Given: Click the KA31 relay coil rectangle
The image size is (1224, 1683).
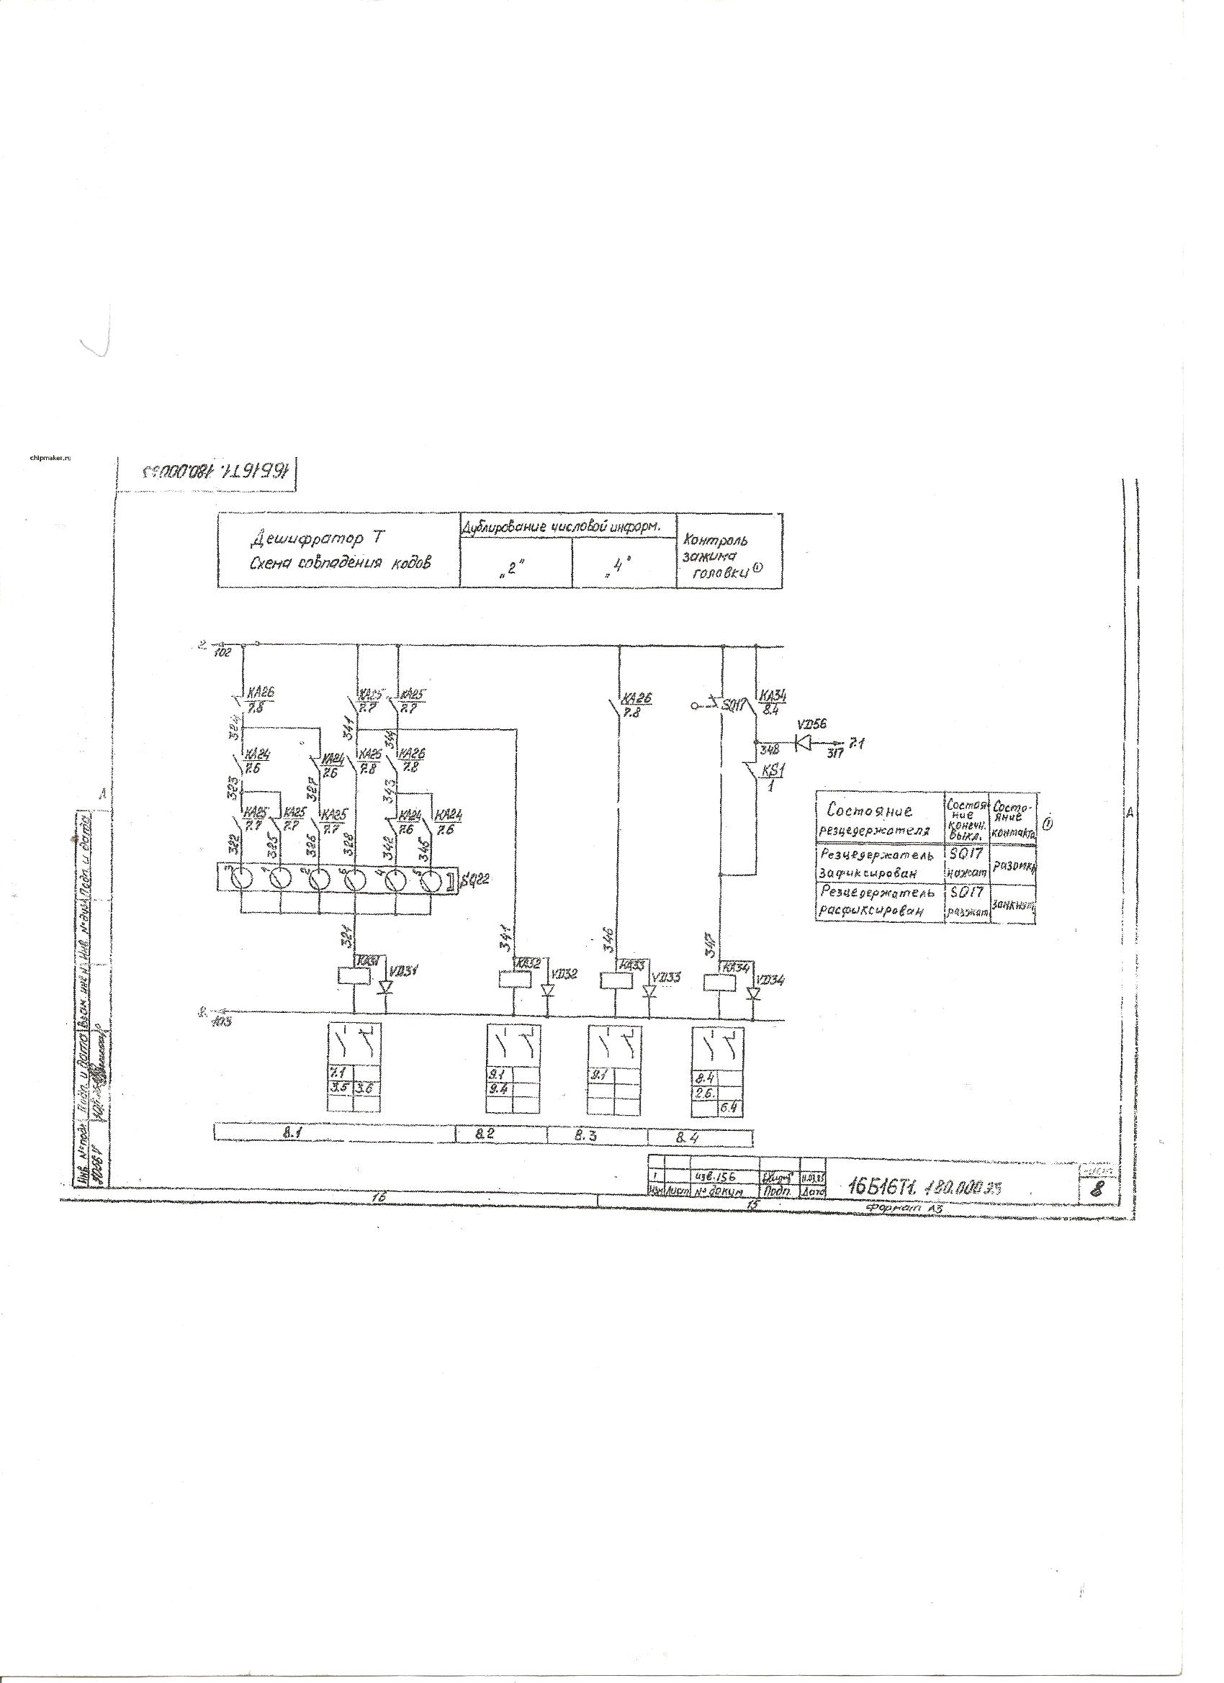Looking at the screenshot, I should pos(354,976).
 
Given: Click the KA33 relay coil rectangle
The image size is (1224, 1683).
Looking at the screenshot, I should pos(615,980).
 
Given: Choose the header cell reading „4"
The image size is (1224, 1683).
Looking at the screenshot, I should pos(624,572).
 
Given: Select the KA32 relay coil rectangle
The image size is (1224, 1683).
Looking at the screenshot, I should pos(513,980).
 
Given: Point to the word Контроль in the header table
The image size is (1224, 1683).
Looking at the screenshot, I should pos(716,539).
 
